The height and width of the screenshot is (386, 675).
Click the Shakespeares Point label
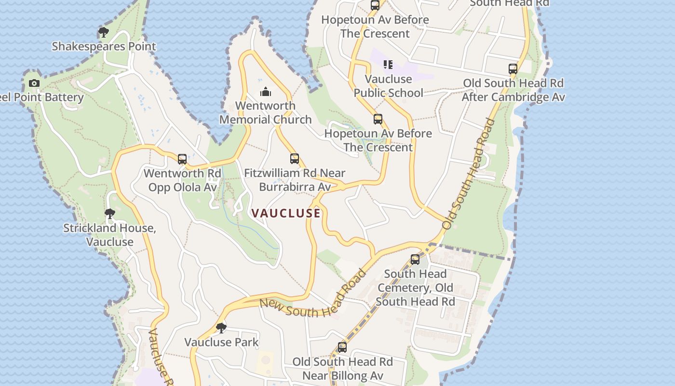pyautogui.click(x=104, y=46)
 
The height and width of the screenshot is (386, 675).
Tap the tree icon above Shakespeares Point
pyautogui.click(x=103, y=32)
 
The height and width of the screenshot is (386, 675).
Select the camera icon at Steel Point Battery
pyautogui.click(x=34, y=83)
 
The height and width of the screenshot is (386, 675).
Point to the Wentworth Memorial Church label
pyautogui.click(x=265, y=112)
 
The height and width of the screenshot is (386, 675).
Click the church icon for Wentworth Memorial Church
pyautogui.click(x=266, y=92)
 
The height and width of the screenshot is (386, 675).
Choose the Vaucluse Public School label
pyautogui.click(x=389, y=86)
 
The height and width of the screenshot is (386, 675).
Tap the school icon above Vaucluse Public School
pyautogui.click(x=388, y=65)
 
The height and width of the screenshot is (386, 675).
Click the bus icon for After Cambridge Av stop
pyautogui.click(x=513, y=69)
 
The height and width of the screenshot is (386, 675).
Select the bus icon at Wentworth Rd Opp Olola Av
pyautogui.click(x=182, y=159)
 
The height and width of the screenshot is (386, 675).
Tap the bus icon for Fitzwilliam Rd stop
pyautogui.click(x=295, y=158)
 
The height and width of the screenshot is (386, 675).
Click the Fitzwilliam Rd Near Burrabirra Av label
pyautogui.click(x=295, y=180)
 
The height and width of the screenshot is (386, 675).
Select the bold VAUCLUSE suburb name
pyautogui.click(x=286, y=213)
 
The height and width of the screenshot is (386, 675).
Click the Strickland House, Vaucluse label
pyautogui.click(x=110, y=235)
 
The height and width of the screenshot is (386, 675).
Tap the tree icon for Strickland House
pyautogui.click(x=110, y=213)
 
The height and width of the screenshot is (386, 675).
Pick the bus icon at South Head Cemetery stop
pyautogui.click(x=415, y=260)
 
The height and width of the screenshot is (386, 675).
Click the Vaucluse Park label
pyautogui.click(x=221, y=342)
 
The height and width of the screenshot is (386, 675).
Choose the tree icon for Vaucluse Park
pyautogui.click(x=221, y=328)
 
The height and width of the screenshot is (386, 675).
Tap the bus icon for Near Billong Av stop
pyautogui.click(x=342, y=347)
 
